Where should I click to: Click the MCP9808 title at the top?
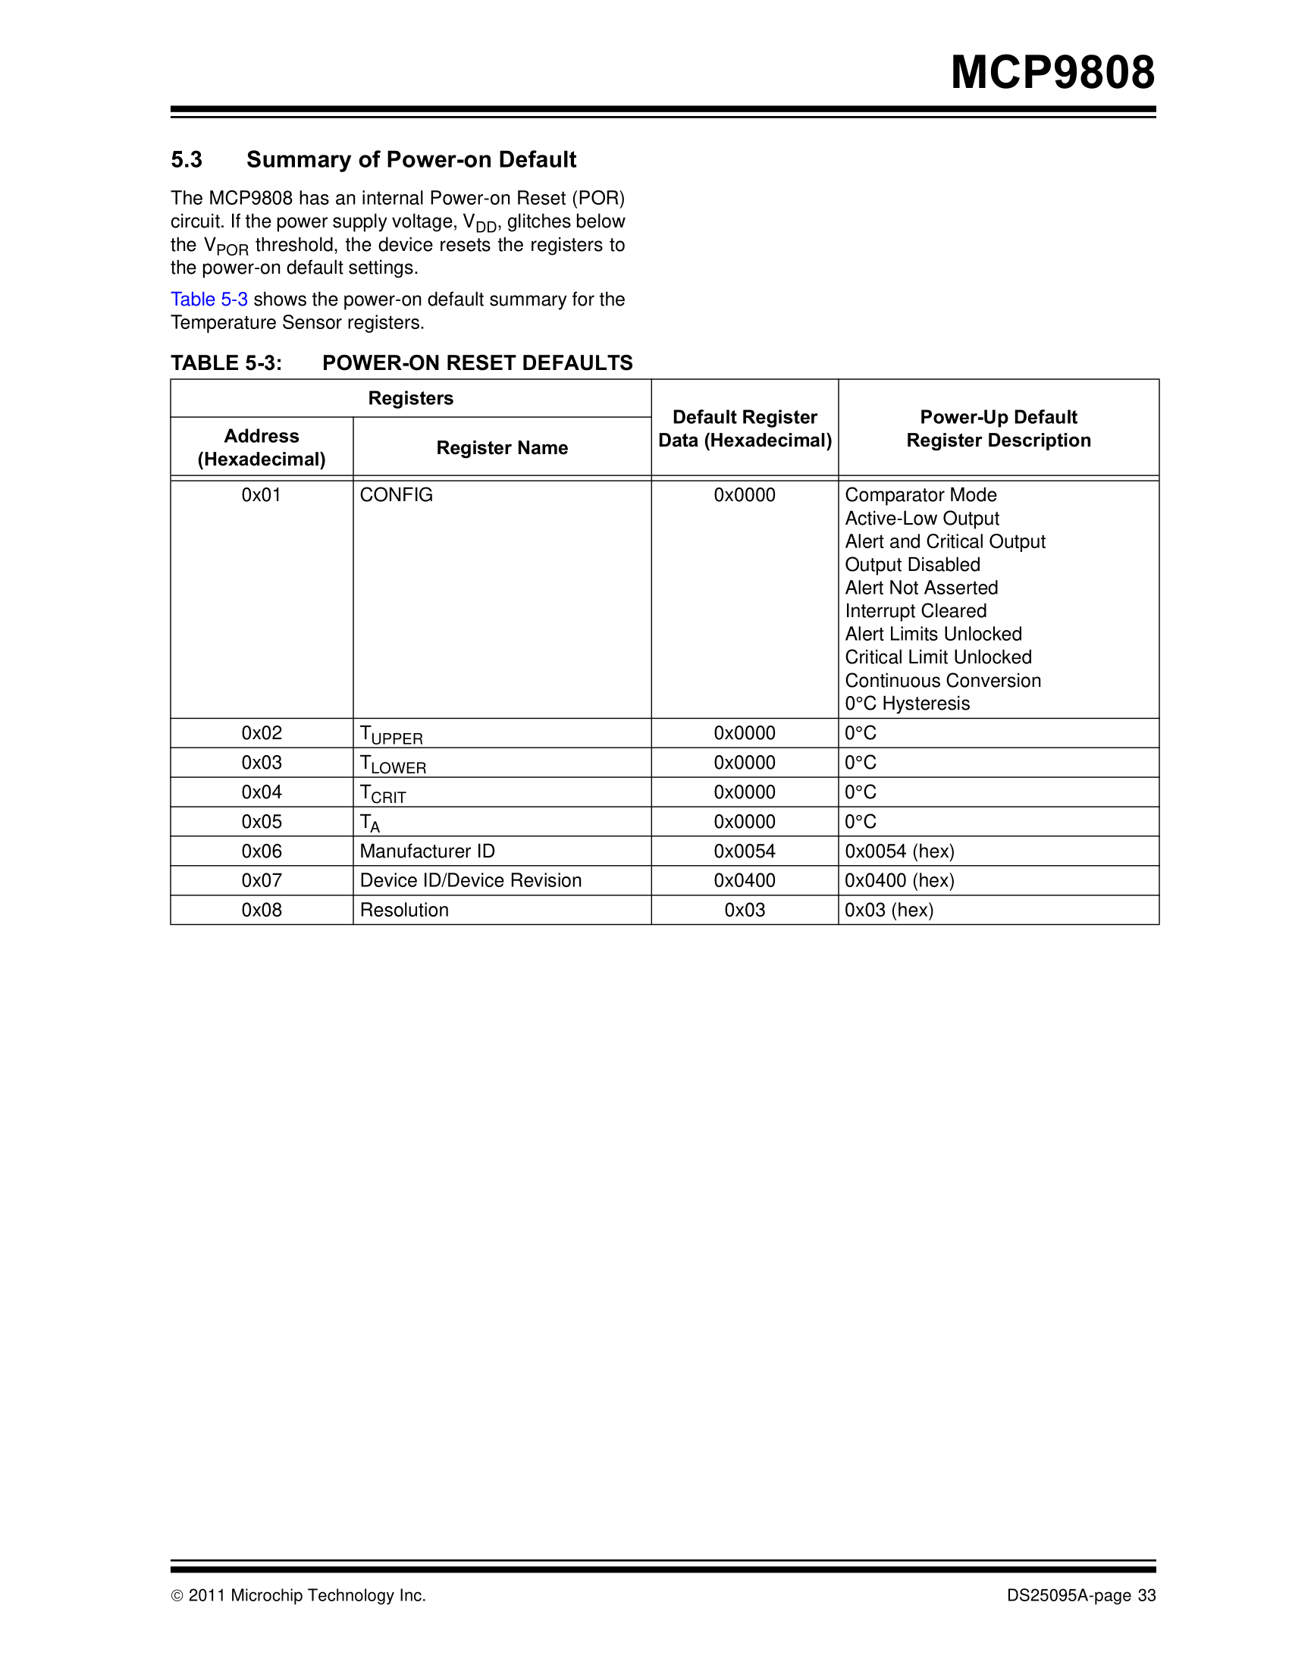(x=1052, y=74)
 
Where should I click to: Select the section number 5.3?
(x=187, y=160)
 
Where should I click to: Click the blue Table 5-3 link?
(x=209, y=299)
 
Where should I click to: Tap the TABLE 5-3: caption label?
(x=226, y=362)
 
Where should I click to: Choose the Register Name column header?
(x=502, y=447)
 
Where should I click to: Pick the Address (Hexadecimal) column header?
(x=261, y=447)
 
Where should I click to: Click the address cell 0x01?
(x=261, y=495)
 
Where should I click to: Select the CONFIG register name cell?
(x=397, y=495)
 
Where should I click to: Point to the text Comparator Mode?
(x=920, y=495)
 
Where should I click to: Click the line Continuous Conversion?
(x=942, y=681)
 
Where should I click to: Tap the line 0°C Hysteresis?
(x=907, y=704)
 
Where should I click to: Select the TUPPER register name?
(x=391, y=735)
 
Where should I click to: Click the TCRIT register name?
(x=383, y=794)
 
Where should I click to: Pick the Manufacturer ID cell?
(x=427, y=851)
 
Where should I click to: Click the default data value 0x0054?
(x=745, y=851)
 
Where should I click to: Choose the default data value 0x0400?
(x=745, y=880)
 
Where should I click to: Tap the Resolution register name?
(x=404, y=910)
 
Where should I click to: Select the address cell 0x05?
(x=261, y=822)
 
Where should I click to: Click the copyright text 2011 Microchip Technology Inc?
(x=306, y=1595)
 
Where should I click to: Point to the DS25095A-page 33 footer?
(x=1080, y=1595)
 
